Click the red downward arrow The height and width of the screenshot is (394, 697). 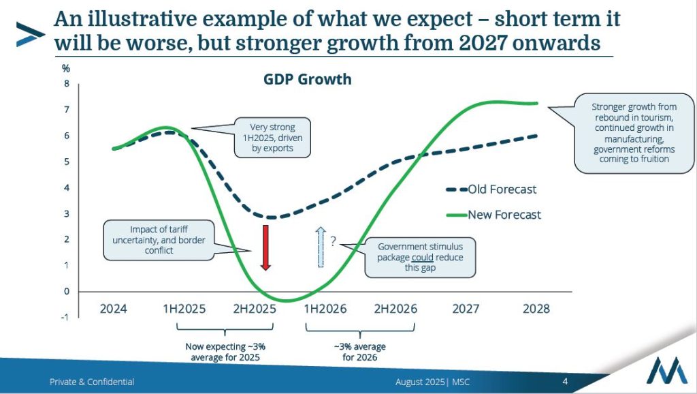point(266,247)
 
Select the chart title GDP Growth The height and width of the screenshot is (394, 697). point(308,79)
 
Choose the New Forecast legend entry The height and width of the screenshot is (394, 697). point(493,215)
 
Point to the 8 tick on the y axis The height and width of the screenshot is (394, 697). point(67,84)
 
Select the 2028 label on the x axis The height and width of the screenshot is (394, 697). point(536,309)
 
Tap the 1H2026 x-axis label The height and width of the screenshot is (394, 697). point(325,309)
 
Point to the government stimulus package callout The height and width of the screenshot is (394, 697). point(420,258)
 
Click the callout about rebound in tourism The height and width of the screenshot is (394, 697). point(634,133)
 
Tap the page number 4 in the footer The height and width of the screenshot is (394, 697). point(565,381)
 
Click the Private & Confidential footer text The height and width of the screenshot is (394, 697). point(92,382)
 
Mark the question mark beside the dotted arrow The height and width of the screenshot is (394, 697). point(334,241)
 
